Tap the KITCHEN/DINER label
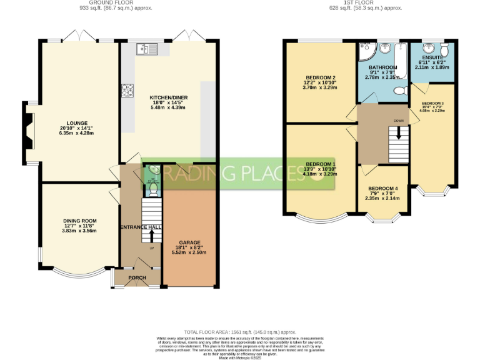point(169,98)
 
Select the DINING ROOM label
point(80,221)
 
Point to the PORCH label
point(137,277)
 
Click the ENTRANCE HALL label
point(141,227)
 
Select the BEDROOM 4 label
point(382,189)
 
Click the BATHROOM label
point(382,67)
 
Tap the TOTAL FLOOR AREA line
point(239,332)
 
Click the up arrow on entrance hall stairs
point(151,236)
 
